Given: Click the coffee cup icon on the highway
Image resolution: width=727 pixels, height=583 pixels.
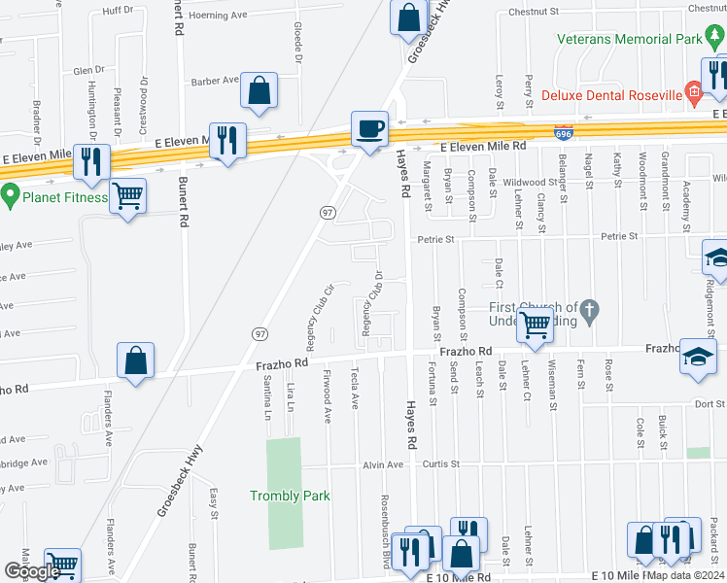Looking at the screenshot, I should tap(369, 128).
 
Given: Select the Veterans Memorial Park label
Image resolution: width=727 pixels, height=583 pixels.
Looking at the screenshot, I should tap(629, 40).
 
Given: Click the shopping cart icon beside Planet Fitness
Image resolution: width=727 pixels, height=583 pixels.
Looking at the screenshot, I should tap(127, 196).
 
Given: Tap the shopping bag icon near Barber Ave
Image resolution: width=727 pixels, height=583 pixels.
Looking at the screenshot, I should tap(260, 91).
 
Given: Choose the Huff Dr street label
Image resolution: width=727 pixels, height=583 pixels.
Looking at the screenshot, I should tap(118, 10).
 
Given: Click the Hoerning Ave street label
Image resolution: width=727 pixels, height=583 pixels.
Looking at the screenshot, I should tap(219, 17).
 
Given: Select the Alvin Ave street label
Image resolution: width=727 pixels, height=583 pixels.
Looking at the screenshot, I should tap(382, 464).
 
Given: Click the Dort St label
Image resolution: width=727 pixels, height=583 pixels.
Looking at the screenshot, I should tap(710, 403).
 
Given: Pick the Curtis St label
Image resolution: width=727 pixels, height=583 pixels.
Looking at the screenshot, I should tap(440, 464).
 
